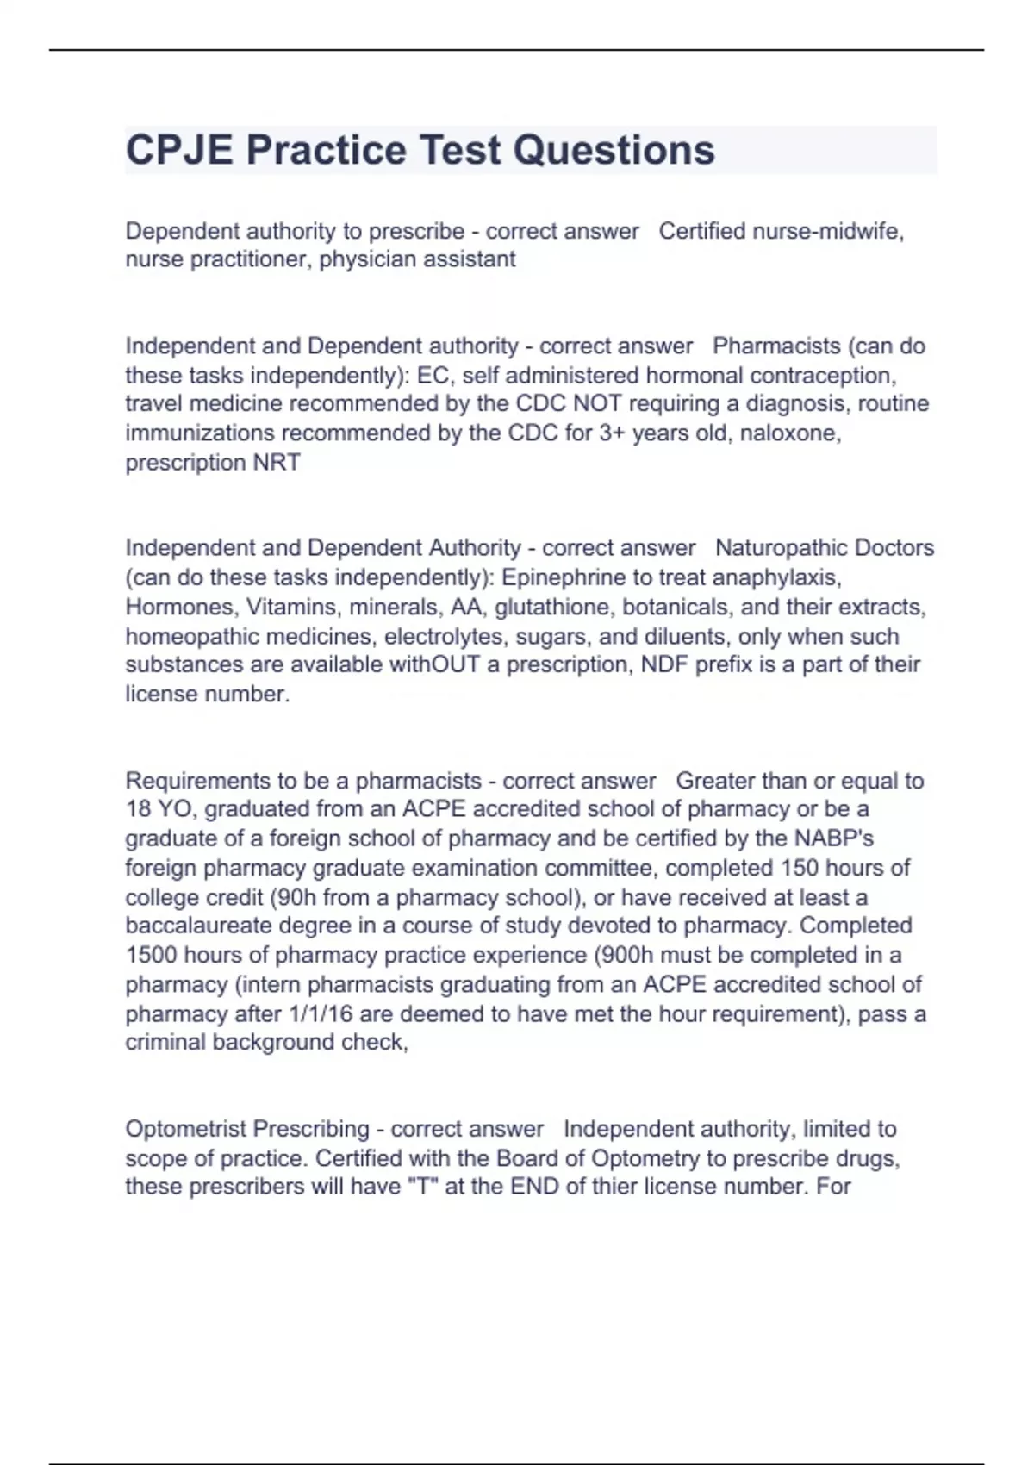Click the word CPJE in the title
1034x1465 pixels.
179,150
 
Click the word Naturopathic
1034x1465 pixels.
786,548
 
